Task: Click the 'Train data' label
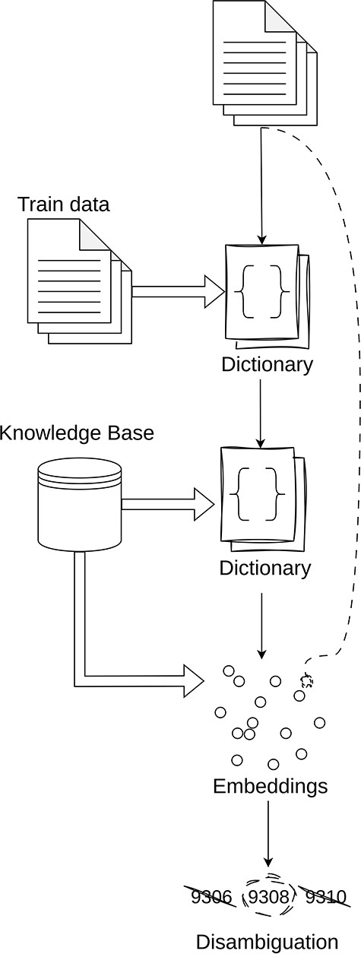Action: click(x=64, y=204)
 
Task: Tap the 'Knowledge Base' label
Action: click(x=77, y=433)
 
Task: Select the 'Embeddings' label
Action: click(x=270, y=785)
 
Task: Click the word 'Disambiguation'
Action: click(x=267, y=941)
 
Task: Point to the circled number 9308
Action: click(x=269, y=898)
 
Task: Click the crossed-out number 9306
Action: click(x=211, y=898)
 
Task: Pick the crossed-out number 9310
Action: click(x=325, y=898)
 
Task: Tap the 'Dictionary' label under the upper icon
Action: click(x=267, y=364)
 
